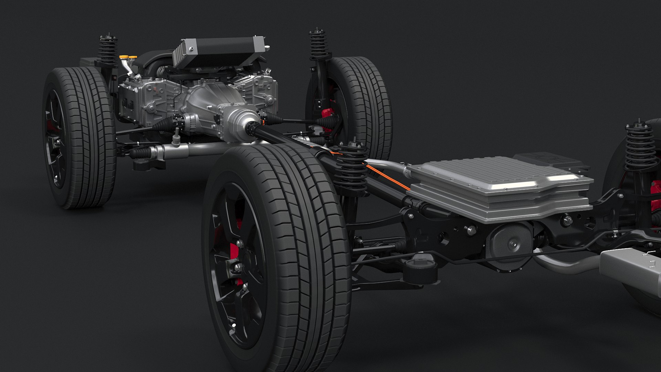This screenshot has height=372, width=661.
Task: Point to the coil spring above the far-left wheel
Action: tap(108, 52)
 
